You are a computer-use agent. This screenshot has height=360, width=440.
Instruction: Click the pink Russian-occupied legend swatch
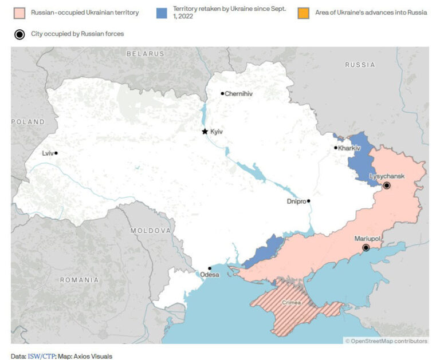point(19,12)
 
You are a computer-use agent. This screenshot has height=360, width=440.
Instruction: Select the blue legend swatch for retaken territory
point(162,12)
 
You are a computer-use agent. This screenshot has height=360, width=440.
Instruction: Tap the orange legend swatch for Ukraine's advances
point(304,12)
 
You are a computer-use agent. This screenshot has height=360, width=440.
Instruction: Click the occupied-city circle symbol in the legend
point(19,34)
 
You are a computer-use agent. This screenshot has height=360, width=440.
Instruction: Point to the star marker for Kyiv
point(205,132)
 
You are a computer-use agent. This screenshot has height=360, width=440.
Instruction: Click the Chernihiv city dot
point(222,93)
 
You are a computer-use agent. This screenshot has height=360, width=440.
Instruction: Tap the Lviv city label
point(47,153)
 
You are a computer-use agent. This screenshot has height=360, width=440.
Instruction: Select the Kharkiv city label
point(349,148)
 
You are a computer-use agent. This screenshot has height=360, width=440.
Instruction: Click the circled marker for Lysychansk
point(387,185)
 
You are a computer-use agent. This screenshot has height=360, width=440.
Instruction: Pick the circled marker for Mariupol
point(366,248)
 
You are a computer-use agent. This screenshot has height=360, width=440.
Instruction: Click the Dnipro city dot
point(308,201)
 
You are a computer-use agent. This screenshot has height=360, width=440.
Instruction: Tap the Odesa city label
point(209,275)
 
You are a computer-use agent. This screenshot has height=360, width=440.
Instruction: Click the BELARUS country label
point(145,54)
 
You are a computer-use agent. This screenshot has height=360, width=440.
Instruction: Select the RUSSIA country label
point(360,65)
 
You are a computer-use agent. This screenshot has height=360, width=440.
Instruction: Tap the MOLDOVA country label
point(150,231)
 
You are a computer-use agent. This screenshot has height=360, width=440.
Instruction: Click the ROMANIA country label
point(78,280)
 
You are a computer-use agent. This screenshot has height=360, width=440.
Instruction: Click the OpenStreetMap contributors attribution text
point(388,341)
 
